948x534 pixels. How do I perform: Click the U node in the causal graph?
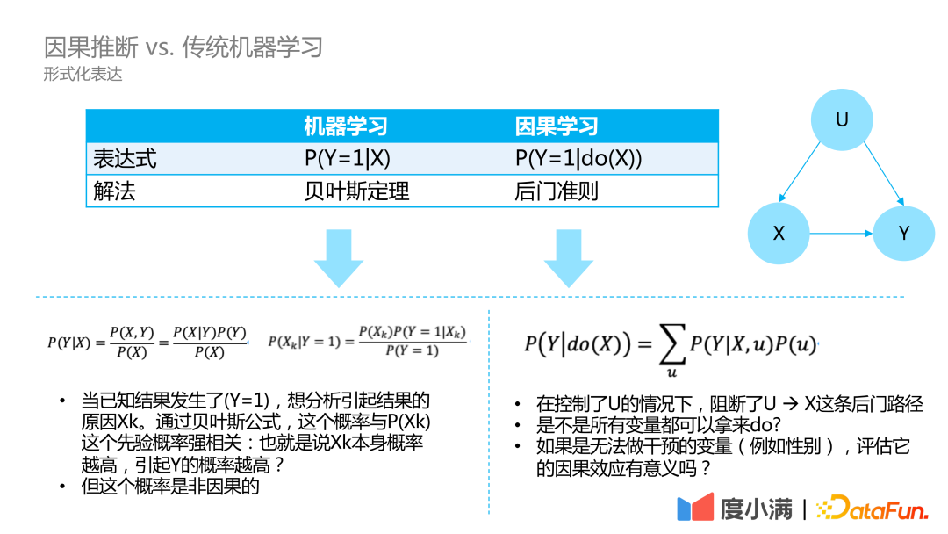[842, 120]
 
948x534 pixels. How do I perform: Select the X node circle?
[779, 234]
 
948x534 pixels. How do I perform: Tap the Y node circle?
[904, 234]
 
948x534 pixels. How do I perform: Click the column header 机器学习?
[346, 126]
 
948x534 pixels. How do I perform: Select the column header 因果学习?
[557, 126]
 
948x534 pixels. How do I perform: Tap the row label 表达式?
[125, 159]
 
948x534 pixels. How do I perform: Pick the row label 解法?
[114, 191]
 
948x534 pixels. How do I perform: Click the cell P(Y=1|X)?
[347, 159]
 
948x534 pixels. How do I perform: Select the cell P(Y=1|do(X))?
[578, 159]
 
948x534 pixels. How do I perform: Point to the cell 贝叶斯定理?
[356, 191]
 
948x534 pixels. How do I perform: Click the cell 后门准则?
[557, 191]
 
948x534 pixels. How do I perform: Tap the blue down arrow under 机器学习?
[339, 257]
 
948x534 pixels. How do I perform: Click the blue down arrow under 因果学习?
[569, 257]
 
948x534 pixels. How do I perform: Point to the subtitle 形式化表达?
[83, 76]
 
